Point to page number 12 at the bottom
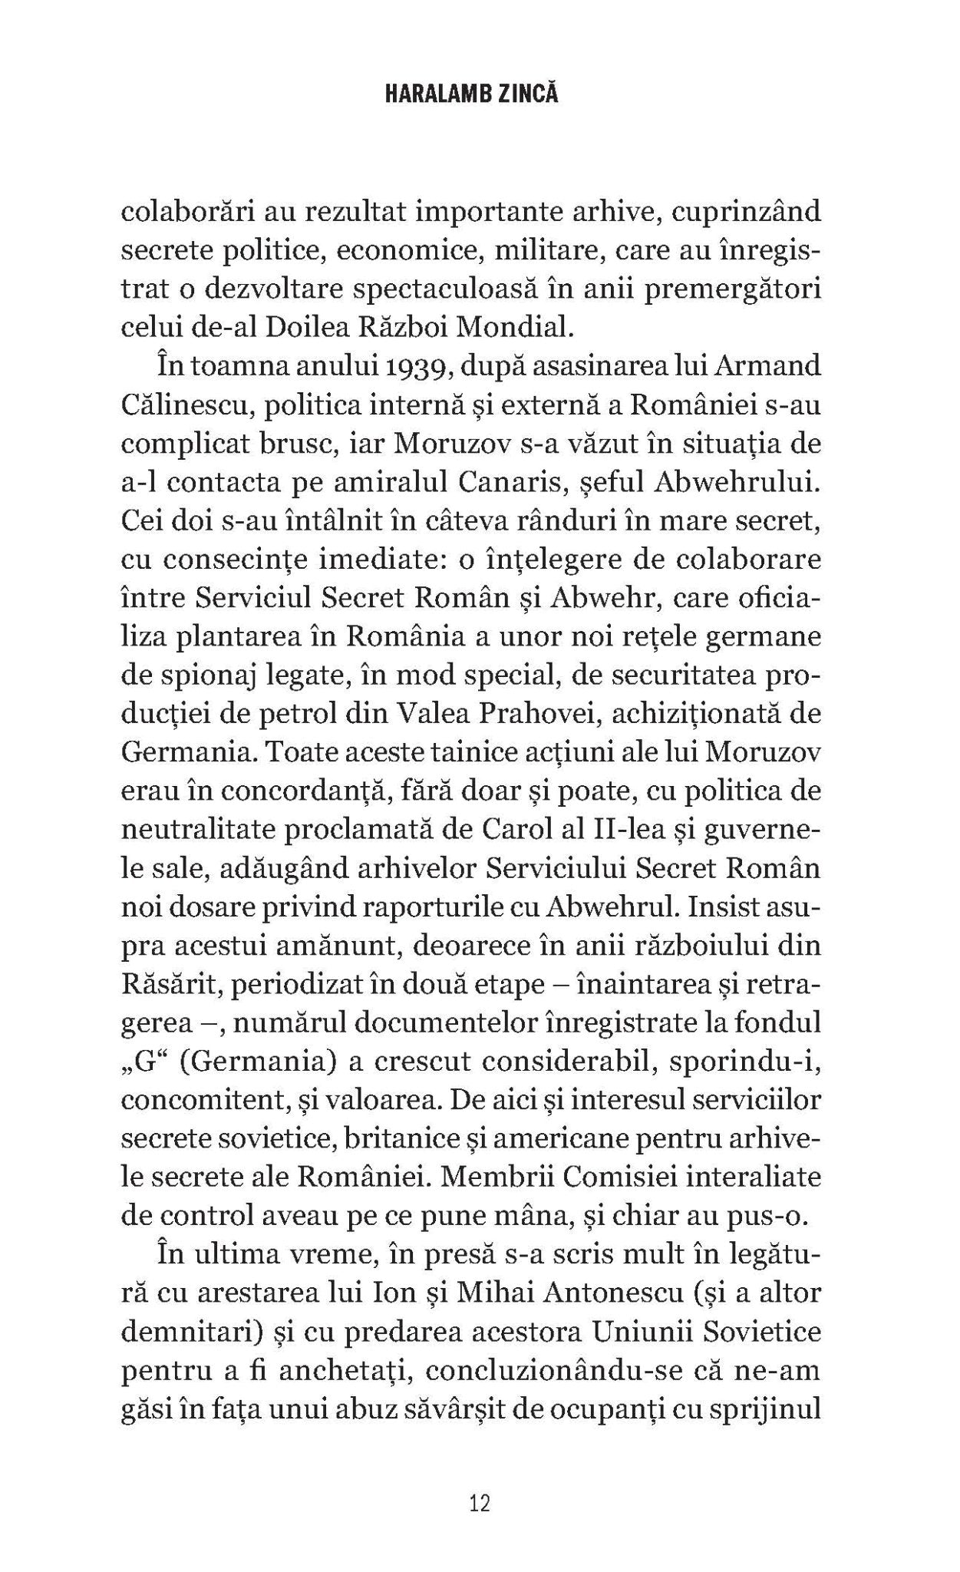[x=480, y=1502]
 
